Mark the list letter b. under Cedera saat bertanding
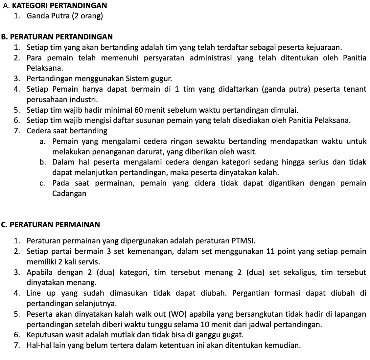42,162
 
